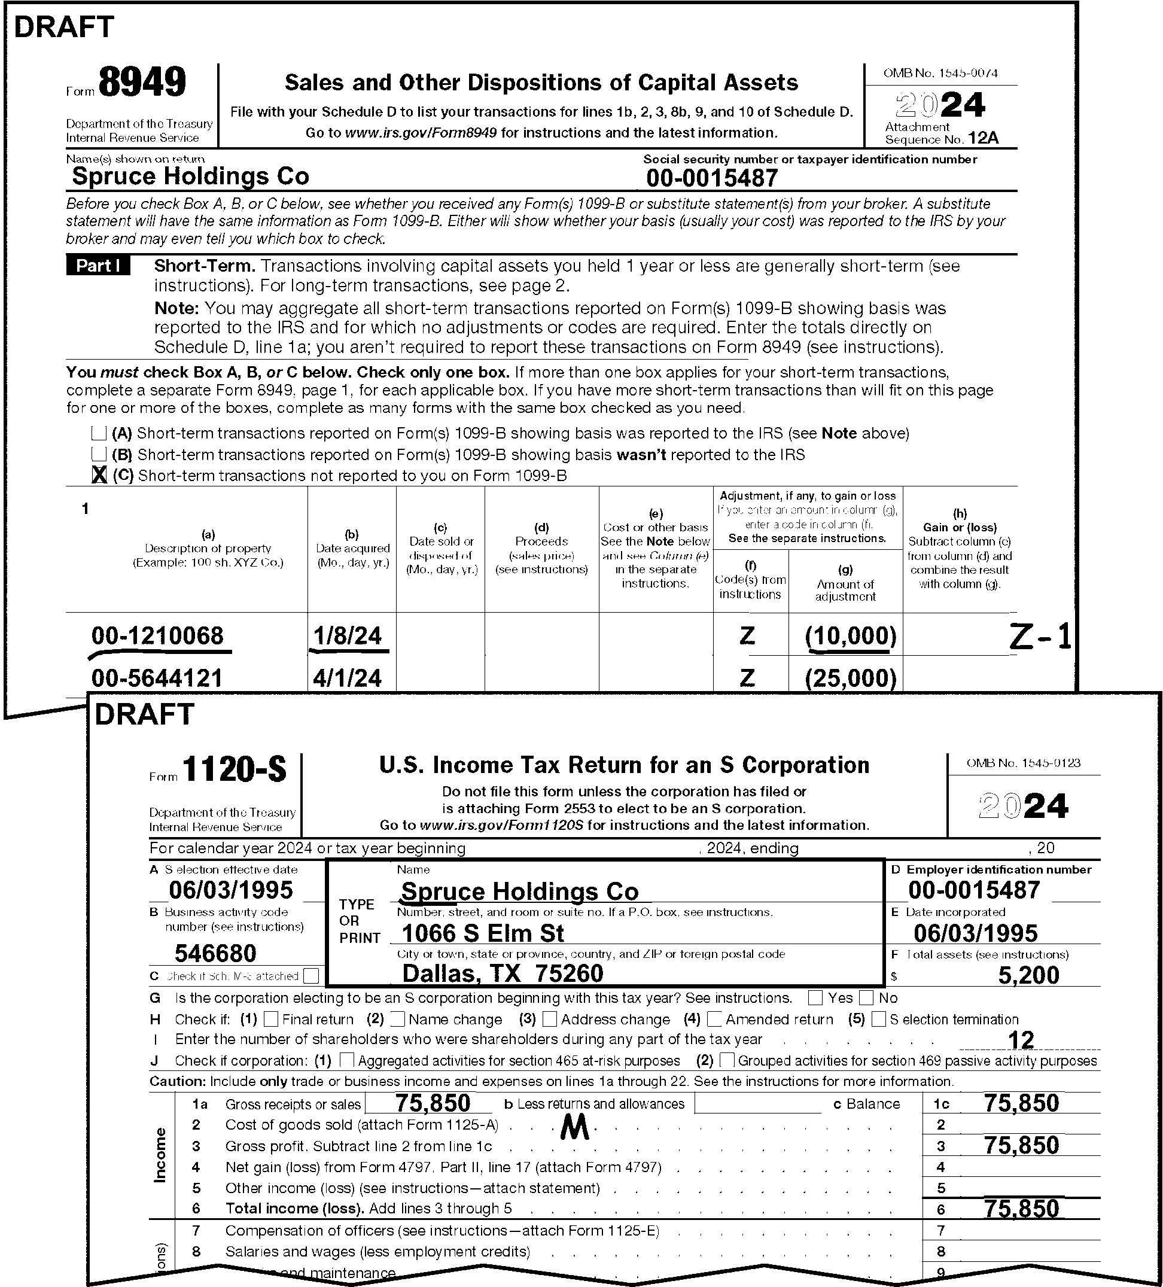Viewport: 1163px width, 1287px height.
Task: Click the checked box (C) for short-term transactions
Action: coord(99,475)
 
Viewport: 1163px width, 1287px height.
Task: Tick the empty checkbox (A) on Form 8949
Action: coord(98,433)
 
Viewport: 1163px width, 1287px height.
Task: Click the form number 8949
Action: coord(142,83)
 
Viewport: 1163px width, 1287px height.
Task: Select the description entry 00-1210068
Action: coord(158,636)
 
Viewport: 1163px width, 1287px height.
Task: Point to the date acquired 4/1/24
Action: coord(347,678)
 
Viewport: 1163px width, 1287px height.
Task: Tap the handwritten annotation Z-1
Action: coord(1040,637)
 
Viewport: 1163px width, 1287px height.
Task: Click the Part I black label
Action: coord(98,266)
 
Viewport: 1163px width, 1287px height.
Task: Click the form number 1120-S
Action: coord(235,770)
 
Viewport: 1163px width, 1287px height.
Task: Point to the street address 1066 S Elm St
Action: coord(483,933)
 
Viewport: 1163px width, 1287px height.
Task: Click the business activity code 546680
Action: coord(215,953)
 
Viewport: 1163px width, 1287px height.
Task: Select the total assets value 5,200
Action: coord(1028,975)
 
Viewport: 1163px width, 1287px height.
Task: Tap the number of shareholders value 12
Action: coord(1020,1040)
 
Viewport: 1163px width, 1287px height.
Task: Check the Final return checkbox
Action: coord(270,1019)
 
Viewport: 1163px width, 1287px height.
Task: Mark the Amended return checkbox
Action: coord(714,1019)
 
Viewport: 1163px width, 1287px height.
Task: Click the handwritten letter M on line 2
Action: coord(574,1130)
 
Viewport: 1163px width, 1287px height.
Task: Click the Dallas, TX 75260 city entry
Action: coord(503,973)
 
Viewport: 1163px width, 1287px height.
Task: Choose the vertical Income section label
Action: coord(160,1155)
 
